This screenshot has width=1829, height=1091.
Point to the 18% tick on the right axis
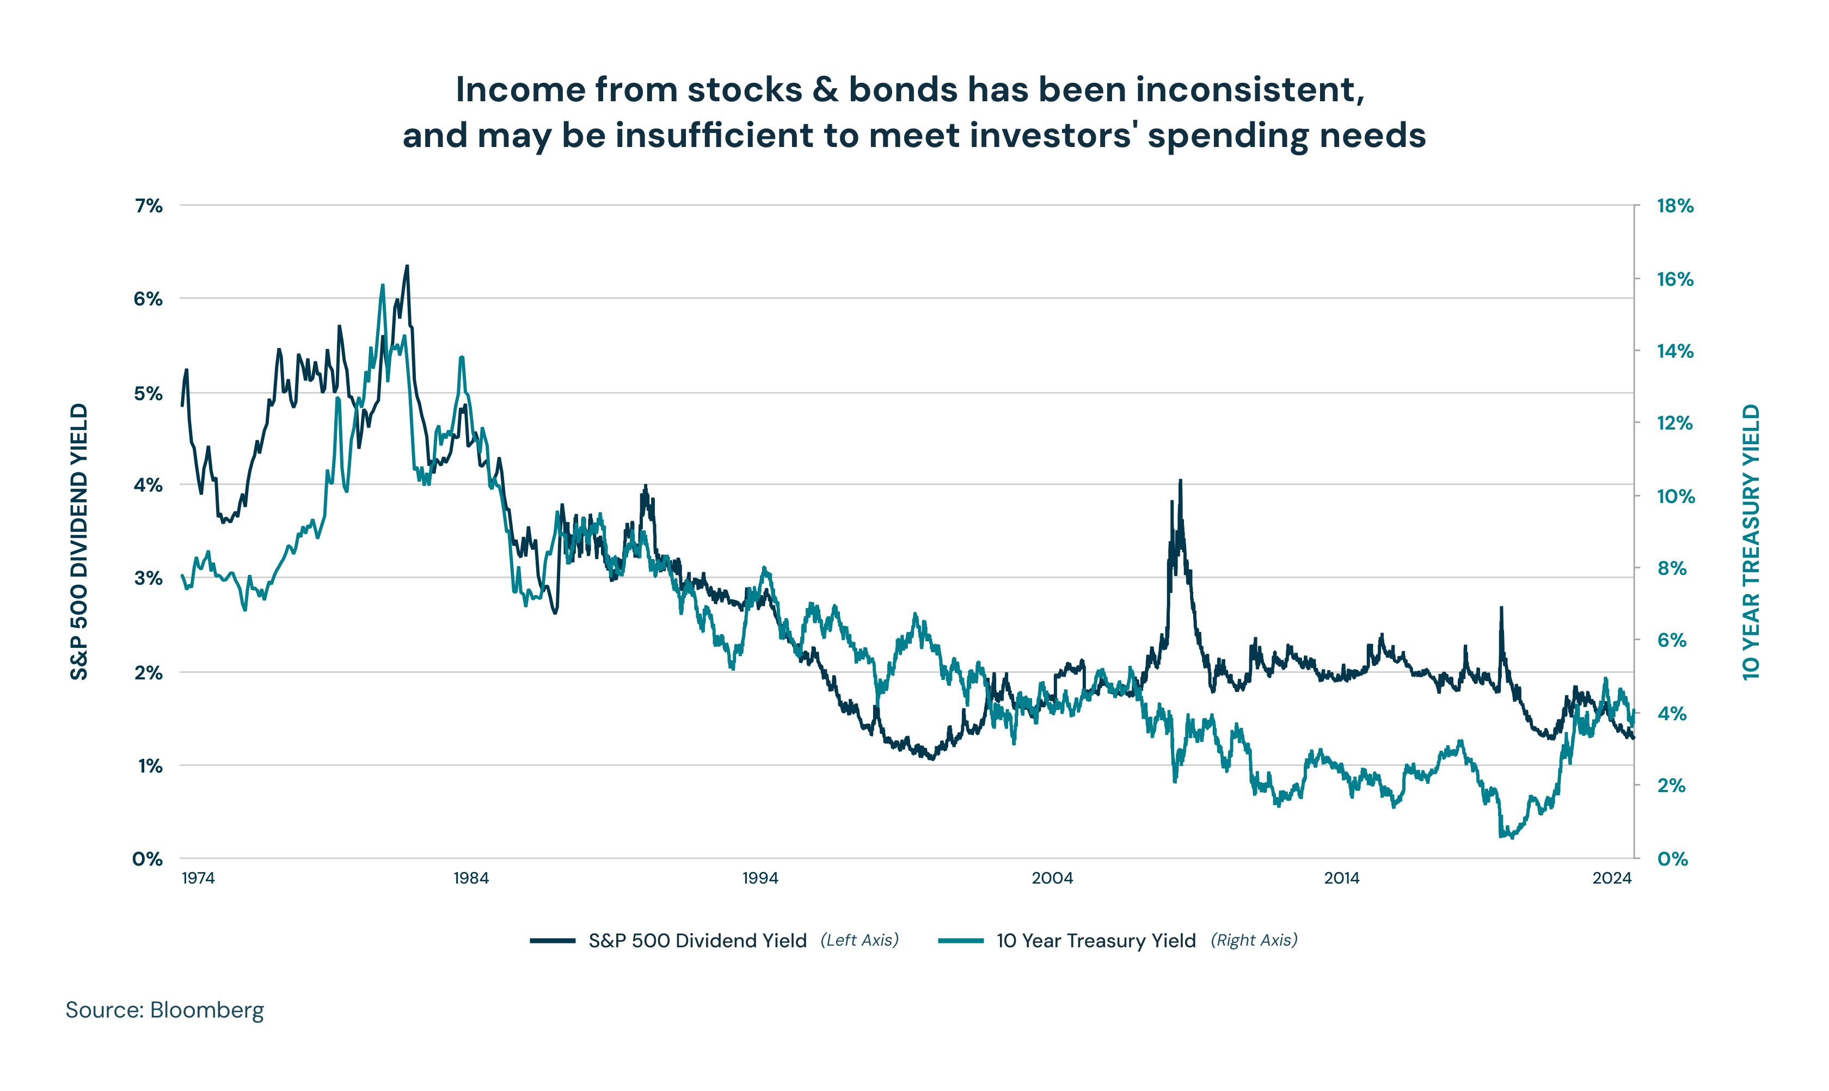[x=1674, y=206]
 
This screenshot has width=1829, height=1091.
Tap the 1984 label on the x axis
[x=470, y=878]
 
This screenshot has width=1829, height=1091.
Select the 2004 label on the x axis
[x=1052, y=878]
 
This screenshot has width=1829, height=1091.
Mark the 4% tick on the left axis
[x=148, y=485]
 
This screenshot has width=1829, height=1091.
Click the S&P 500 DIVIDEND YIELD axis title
[x=79, y=542]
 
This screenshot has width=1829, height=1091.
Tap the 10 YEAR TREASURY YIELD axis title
[x=1751, y=542]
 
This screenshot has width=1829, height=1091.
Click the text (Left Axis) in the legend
[x=860, y=940]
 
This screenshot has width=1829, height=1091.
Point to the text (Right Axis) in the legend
[x=1254, y=940]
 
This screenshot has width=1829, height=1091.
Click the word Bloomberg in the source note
[x=206, y=1010]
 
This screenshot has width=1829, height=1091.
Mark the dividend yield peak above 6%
[x=407, y=267]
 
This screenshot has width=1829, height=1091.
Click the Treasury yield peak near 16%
[x=382, y=285]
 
